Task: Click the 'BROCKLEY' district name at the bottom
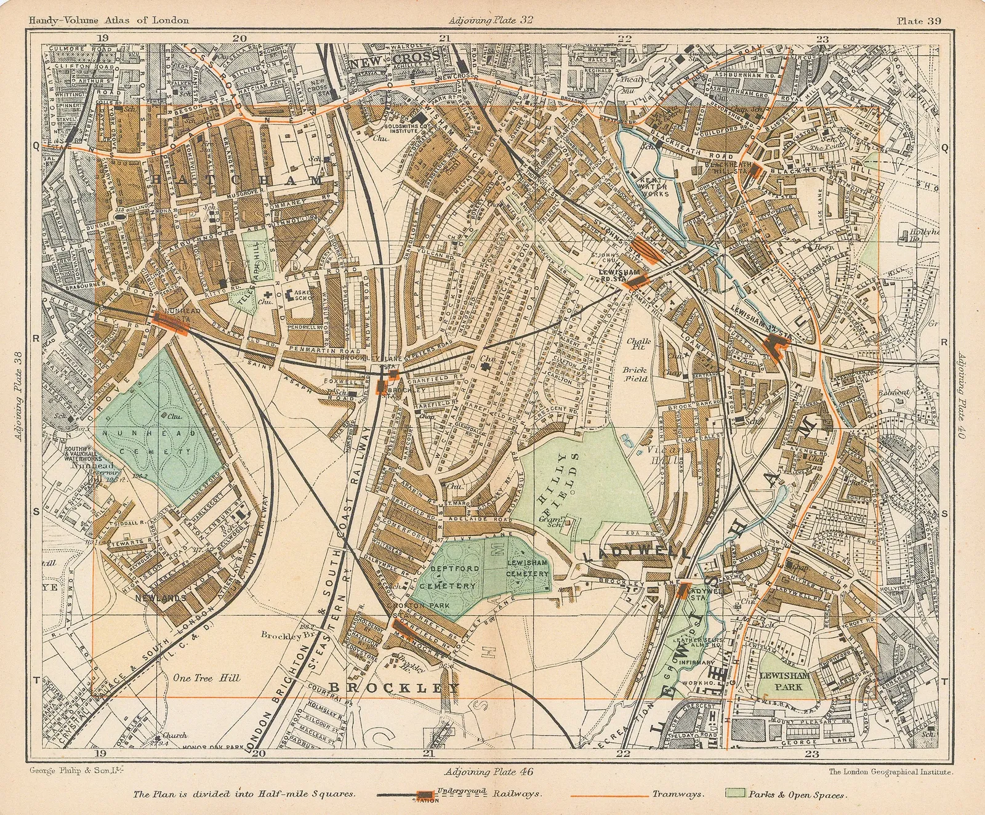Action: tap(394, 688)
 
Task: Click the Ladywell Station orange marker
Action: tap(681, 590)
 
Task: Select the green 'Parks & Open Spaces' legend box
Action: tap(736, 794)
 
